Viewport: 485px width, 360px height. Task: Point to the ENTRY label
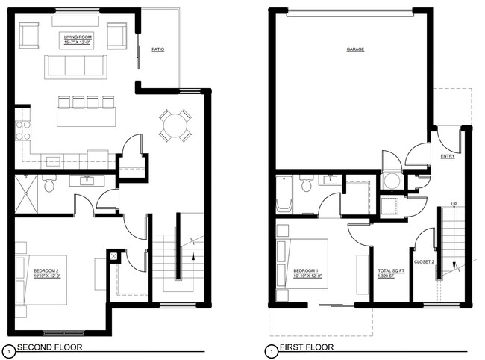coord(448,156)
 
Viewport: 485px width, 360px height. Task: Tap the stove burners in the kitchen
coord(23,131)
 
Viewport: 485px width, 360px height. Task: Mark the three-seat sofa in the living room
coord(75,66)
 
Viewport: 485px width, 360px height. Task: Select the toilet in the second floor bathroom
coord(50,184)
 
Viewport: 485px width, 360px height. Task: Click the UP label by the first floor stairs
coord(454,203)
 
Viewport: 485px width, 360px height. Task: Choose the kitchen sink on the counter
coord(52,160)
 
